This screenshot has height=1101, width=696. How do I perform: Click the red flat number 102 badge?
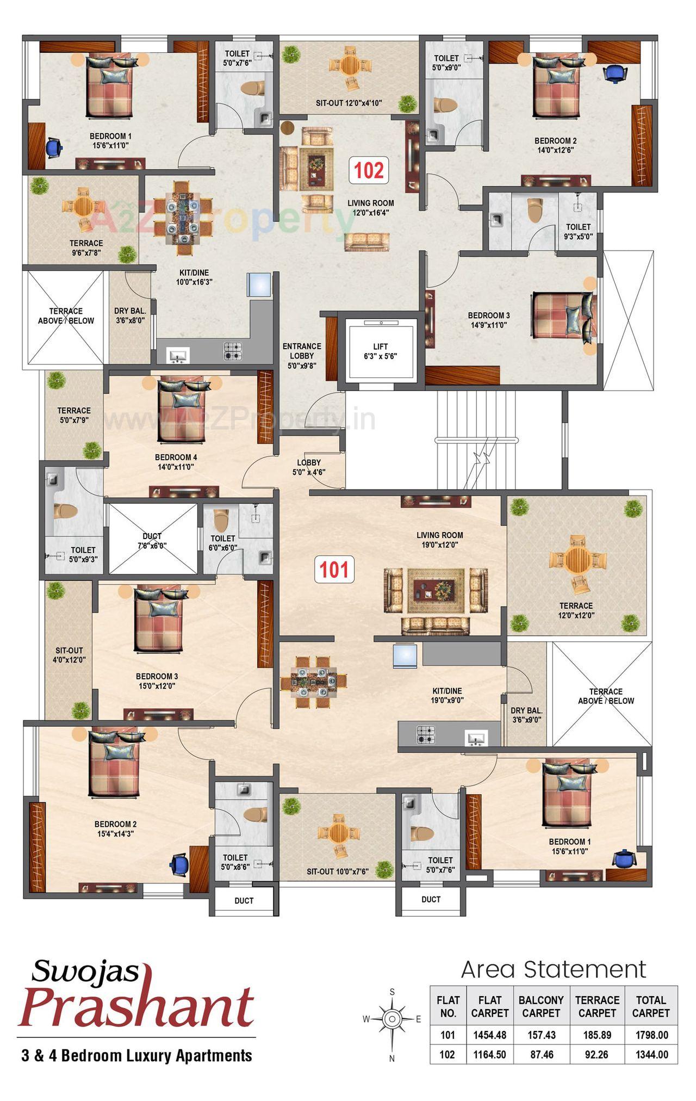click(369, 170)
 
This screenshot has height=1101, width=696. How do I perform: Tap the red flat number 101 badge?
click(334, 569)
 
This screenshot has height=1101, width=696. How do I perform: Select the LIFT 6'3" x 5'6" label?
click(381, 351)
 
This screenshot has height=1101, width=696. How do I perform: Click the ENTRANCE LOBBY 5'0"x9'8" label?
click(302, 356)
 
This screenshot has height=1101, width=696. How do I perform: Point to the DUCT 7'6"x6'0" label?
click(152, 541)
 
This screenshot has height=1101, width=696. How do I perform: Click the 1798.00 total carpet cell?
click(650, 1035)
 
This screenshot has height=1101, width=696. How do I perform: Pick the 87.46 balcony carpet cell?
click(541, 1054)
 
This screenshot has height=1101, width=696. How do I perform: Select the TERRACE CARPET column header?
click(597, 1006)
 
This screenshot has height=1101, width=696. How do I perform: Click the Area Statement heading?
click(553, 969)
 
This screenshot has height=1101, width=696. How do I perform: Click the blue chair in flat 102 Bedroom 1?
click(54, 147)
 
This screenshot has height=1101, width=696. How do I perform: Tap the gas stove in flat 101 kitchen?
click(426, 734)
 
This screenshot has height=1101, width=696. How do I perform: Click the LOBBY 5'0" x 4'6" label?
click(309, 467)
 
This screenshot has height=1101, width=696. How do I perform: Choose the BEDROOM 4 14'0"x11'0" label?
click(176, 462)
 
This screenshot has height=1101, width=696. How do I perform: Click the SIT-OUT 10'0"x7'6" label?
click(337, 871)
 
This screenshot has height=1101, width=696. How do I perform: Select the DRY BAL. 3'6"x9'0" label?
click(526, 715)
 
